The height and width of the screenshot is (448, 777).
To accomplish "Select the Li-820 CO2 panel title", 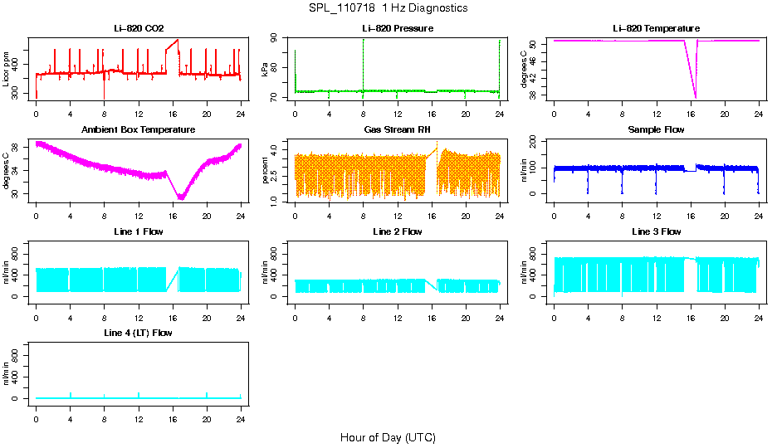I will click(139, 28).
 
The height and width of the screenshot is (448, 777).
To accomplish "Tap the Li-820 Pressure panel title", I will click(398, 28).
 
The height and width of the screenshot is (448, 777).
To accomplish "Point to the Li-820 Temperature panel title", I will click(656, 28).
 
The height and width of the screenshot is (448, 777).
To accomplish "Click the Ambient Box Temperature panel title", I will click(139, 130).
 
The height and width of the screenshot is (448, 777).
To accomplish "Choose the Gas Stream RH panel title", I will click(398, 130).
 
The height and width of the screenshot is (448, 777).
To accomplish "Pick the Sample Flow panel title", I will click(656, 130).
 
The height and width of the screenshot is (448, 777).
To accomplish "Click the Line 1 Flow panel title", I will click(139, 231).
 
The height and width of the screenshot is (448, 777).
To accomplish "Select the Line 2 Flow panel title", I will click(398, 231).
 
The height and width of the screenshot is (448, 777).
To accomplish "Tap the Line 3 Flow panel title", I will click(656, 231).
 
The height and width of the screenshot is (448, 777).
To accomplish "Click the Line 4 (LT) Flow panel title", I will click(139, 333).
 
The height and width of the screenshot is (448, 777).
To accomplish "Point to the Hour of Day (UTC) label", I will click(388, 437).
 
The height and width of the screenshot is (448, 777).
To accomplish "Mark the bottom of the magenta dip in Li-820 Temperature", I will click(695, 97).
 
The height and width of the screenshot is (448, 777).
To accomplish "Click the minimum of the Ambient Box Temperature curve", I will click(181, 199).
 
